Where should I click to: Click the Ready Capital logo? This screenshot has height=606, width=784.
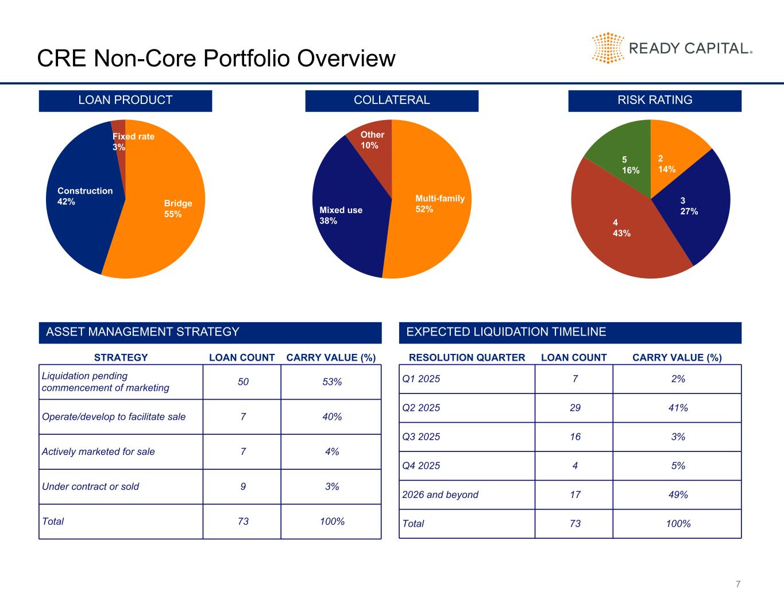tap(671, 48)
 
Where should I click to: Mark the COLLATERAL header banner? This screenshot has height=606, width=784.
tap(392, 101)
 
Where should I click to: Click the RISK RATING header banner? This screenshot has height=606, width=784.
tap(655, 101)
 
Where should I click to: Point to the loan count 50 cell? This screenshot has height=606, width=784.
tap(243, 382)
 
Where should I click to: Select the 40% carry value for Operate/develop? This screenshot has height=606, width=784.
tap(331, 417)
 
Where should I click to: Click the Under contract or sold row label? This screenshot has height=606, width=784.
tap(91, 487)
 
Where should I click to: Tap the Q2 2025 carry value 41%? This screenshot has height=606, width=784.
tap(678, 408)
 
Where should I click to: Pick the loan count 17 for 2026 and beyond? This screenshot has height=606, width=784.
tap(575, 495)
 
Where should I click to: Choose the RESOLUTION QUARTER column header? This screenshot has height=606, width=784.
tap(467, 358)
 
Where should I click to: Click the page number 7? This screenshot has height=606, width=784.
tap(738, 584)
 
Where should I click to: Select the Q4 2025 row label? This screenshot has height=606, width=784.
tap(422, 466)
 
